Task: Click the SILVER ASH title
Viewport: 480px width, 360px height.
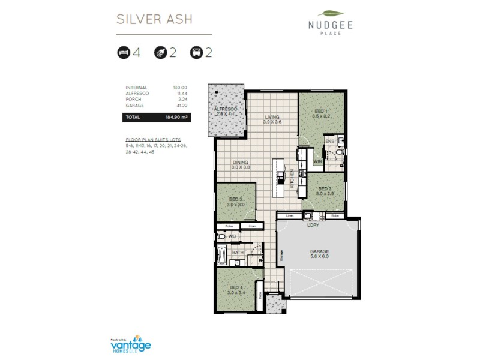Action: tap(154, 19)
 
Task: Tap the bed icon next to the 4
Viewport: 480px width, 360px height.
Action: tap(123, 53)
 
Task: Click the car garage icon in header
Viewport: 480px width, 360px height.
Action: tap(196, 53)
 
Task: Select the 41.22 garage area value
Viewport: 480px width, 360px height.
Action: tap(180, 105)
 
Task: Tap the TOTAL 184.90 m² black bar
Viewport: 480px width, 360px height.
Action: tap(156, 118)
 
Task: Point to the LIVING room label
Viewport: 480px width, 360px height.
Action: tap(272, 118)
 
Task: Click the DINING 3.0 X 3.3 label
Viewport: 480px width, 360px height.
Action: tap(241, 164)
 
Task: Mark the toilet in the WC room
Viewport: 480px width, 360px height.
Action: tap(221, 237)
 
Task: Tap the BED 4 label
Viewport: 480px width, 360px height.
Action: tap(236, 289)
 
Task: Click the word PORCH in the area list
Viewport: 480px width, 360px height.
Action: tap(133, 100)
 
